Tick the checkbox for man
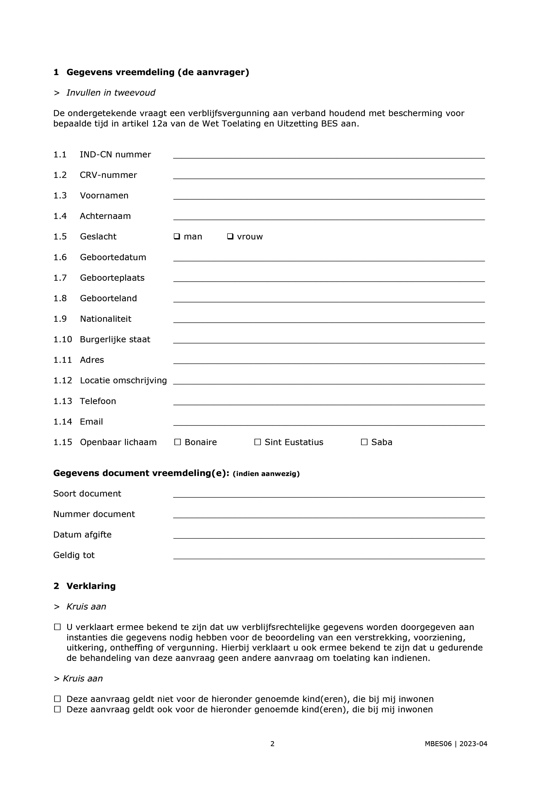(x=177, y=236)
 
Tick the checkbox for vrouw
(x=230, y=236)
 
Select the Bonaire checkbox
(x=178, y=442)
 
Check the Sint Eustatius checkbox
(x=257, y=442)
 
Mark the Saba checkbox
(x=364, y=442)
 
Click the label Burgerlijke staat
(x=115, y=339)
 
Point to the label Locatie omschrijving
(x=123, y=380)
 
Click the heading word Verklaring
(x=91, y=586)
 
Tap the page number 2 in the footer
(x=272, y=744)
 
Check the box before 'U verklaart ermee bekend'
(x=57, y=627)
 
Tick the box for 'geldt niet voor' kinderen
(x=57, y=699)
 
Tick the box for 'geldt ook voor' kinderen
(x=57, y=709)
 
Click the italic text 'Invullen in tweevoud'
(x=111, y=93)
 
